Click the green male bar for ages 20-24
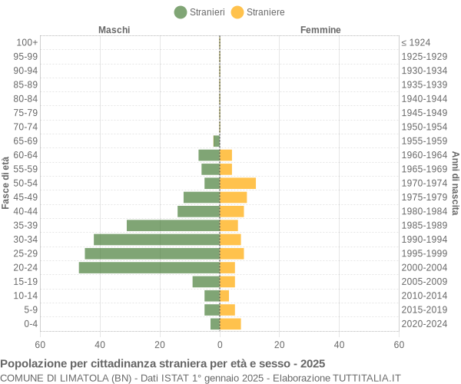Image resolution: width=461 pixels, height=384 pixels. (x=149, y=267)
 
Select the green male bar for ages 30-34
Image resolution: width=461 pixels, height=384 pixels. (x=157, y=240)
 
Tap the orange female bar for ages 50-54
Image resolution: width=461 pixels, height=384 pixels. (x=237, y=183)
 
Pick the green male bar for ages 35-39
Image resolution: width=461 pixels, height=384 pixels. (x=173, y=225)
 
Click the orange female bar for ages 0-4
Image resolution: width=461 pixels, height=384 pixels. (x=230, y=323)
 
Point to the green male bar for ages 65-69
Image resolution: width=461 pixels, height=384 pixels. (x=217, y=141)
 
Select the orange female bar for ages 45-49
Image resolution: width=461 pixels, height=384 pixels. (x=233, y=197)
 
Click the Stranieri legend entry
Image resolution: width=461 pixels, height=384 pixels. (x=200, y=12)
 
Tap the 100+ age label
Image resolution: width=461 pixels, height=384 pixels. (x=27, y=42)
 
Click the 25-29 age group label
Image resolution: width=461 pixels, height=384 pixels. (x=25, y=253)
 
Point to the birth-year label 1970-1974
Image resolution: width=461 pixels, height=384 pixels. (x=424, y=183)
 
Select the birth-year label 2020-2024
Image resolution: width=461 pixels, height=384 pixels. (x=424, y=323)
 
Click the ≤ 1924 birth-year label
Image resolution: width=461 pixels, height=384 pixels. (x=416, y=42)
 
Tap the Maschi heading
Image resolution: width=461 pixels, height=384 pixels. (x=114, y=30)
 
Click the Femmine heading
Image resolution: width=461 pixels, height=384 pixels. (x=320, y=30)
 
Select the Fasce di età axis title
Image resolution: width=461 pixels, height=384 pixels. (x=6, y=183)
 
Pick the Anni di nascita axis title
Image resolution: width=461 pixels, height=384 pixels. (x=455, y=183)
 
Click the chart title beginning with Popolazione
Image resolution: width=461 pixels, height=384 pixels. (x=163, y=363)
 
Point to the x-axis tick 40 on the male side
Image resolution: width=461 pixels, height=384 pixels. (x=100, y=345)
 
